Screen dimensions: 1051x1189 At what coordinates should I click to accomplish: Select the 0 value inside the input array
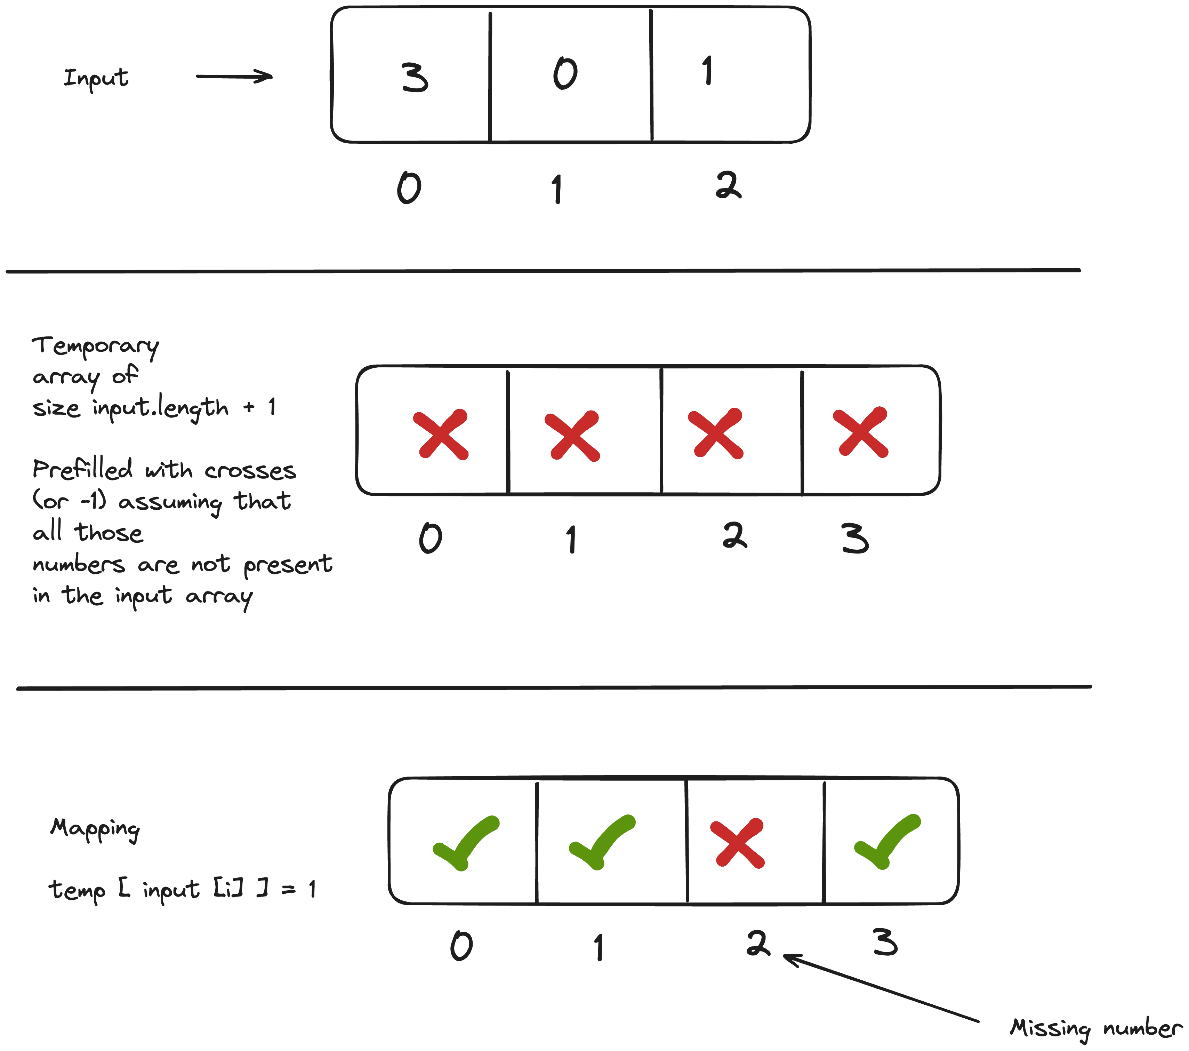pyautogui.click(x=565, y=74)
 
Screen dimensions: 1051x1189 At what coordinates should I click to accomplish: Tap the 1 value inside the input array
pyautogui.click(x=707, y=71)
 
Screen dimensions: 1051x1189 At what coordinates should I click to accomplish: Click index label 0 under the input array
pyautogui.click(x=409, y=188)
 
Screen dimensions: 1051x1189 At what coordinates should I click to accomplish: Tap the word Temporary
pyautogui.click(x=95, y=346)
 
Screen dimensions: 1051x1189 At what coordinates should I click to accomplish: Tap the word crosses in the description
pyautogui.click(x=250, y=471)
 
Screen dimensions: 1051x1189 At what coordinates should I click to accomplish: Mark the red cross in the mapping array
pyautogui.click(x=738, y=843)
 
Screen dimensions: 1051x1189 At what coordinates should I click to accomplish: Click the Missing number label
pyautogui.click(x=1096, y=1028)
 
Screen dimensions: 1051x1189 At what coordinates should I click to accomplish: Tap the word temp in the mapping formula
pyautogui.click(x=77, y=890)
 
